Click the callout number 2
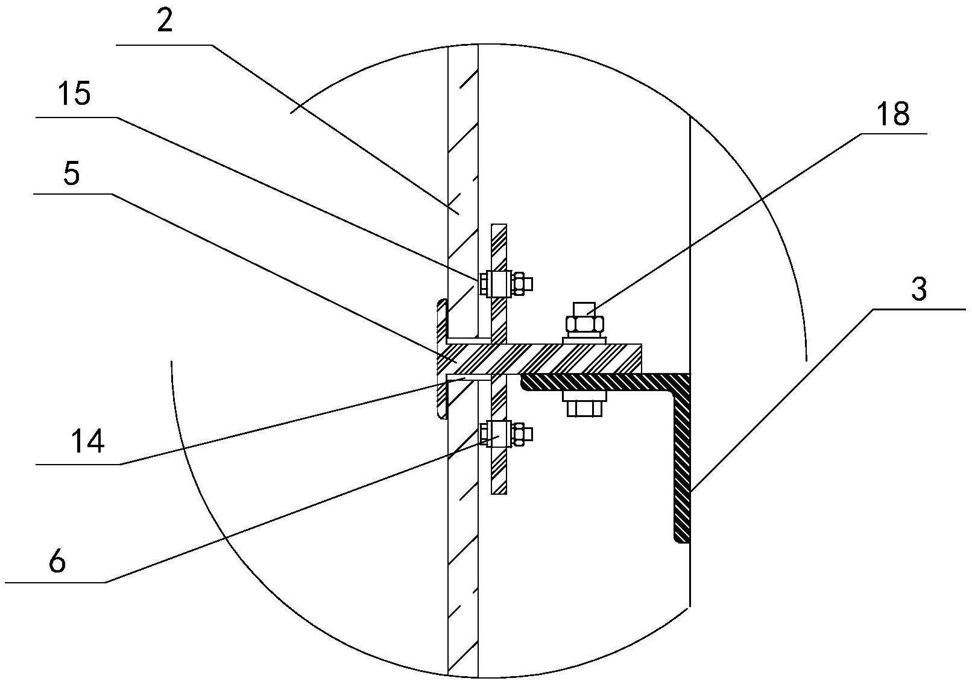163,21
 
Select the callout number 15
74,95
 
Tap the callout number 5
71,175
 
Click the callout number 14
88,442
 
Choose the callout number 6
56,562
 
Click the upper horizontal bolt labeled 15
505,283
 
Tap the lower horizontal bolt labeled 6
505,433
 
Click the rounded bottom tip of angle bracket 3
681,539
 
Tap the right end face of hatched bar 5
640,359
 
